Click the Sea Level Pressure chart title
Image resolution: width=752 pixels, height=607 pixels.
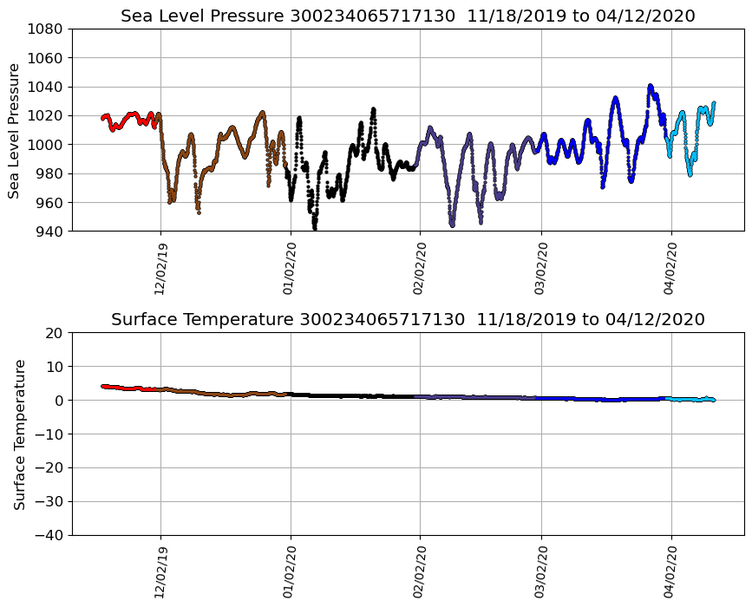pos(408,16)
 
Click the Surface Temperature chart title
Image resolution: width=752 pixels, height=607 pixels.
pos(408,319)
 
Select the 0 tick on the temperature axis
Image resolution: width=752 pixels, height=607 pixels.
pos(60,401)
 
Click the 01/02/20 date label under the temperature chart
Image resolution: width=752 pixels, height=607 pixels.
pos(291,571)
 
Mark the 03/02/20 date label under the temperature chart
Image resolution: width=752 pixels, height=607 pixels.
pos(541,571)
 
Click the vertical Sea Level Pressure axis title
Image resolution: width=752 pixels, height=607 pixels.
pos(15,130)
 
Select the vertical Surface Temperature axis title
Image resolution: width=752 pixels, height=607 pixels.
pos(19,434)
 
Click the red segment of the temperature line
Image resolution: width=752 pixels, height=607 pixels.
pos(130,388)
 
